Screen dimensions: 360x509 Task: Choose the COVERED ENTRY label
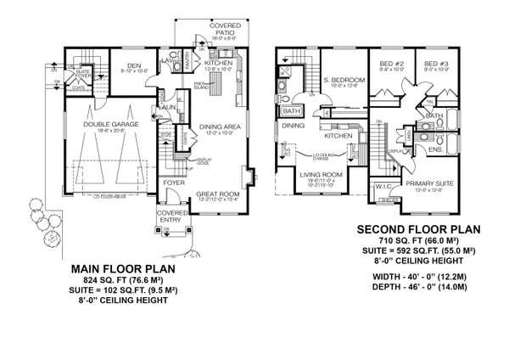tap(171, 217)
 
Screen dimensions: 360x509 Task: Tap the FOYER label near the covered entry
tap(173, 180)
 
